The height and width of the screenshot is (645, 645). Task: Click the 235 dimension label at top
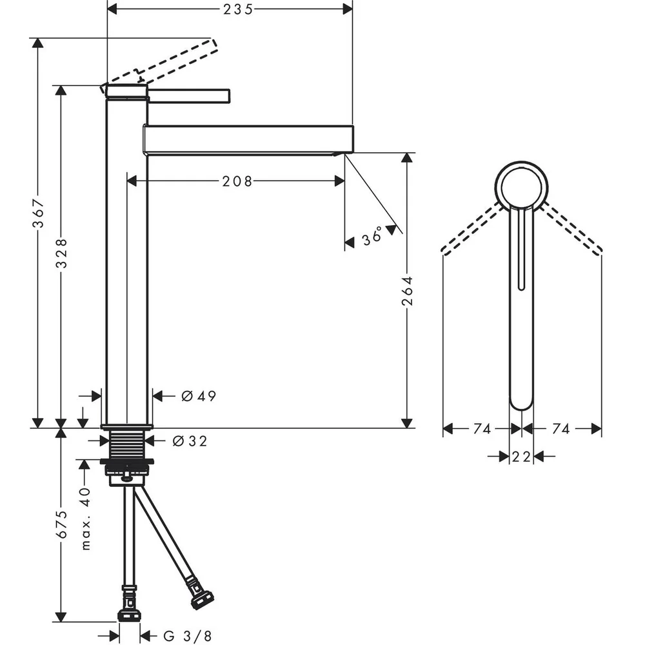pos(238,9)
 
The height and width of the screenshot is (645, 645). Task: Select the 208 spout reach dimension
pos(237,181)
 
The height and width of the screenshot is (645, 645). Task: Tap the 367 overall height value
pos(38,213)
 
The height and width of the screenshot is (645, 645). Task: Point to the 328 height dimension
pos(62,253)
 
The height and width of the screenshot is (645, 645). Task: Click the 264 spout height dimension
pos(407,291)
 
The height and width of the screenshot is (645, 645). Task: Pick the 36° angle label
pos(372,235)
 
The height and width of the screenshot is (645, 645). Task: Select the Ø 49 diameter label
pos(199,396)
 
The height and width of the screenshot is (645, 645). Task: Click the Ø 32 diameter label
pos(190,441)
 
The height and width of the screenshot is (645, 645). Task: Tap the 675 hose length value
pos(62,524)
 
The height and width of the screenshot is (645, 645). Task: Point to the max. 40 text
pos(86,519)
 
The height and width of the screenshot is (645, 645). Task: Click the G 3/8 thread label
pos(188,636)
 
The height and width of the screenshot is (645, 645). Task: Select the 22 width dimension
pos(521,456)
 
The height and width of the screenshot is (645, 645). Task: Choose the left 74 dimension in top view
pos(482,429)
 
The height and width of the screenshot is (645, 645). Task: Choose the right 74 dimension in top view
pos(561,429)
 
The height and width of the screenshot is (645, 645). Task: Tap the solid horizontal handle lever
pos(188,95)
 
